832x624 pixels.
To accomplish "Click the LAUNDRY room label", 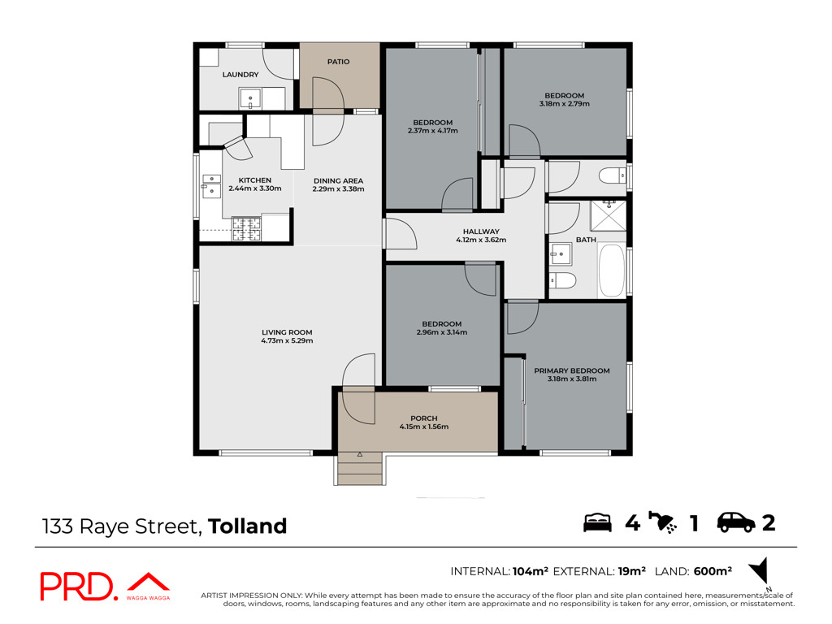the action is pos(240,75).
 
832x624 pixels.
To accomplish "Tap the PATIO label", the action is pos(339,62).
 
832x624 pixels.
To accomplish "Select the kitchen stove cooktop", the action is pos(247,228).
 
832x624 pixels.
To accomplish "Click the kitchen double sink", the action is pos(212,186).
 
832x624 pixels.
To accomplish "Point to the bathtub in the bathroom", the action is pos(612,270).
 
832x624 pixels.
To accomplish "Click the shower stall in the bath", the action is pos(609,215).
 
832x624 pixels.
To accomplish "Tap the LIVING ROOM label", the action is pos(287,332).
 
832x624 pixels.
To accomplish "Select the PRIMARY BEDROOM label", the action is pos(572,370).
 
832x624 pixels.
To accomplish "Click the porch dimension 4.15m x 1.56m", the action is pos(424,427).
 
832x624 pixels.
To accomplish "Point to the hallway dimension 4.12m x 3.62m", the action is pos(481,240).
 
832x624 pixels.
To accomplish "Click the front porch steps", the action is pos(360,469).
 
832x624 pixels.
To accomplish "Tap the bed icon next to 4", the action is pos(597,522).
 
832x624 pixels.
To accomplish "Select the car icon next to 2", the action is pos(736,522).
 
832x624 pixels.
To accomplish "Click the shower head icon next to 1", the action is pos(663,522).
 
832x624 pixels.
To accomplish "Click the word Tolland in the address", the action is pos(247,526).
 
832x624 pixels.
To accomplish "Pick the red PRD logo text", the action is pos(77,587).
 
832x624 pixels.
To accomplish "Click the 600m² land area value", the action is pos(713,571).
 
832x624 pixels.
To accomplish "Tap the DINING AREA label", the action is pos(339,181).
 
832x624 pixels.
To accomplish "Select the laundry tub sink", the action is pos(250,99).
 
